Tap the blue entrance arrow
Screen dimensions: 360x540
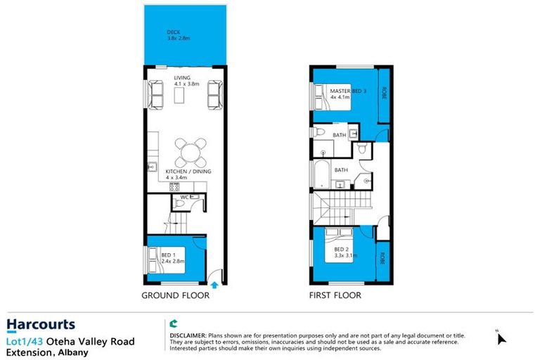pyautogui.click(x=216, y=283)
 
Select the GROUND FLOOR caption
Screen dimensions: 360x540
pyautogui.click(x=176, y=296)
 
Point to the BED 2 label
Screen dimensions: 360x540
pyautogui.click(x=345, y=252)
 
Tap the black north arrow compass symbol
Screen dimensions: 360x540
pyautogui.click(x=501, y=338)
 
